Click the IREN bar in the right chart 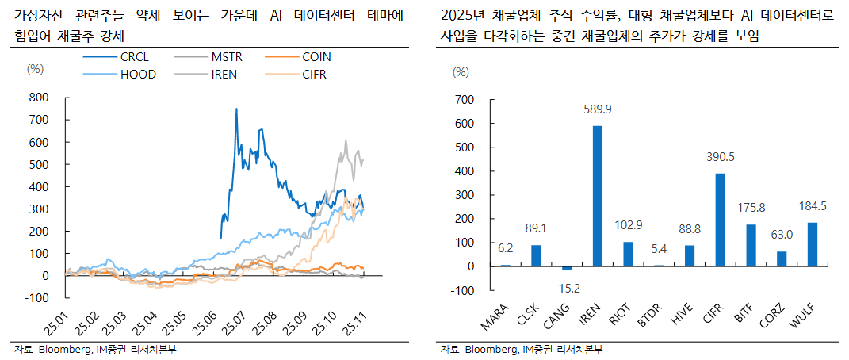(x=598, y=196)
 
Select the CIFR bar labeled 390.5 (x=720, y=220)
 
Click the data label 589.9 (x=598, y=109)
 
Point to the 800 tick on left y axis (x=39, y=98)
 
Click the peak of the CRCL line (x=236, y=109)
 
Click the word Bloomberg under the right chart (x=490, y=350)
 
